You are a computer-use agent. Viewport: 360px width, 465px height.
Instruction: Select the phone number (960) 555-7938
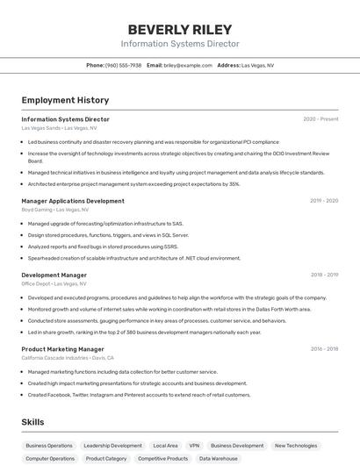tap(123, 65)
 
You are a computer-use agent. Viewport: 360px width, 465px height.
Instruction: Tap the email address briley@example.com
tap(188, 65)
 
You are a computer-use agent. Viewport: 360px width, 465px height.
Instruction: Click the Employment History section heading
tap(65, 100)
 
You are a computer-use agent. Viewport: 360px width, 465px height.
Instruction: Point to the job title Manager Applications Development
tap(73, 201)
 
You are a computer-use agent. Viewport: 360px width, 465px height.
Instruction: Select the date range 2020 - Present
tap(320, 119)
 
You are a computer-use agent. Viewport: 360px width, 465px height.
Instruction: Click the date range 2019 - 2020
tap(324, 201)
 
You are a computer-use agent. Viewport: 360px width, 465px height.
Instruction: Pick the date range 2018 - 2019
tap(324, 275)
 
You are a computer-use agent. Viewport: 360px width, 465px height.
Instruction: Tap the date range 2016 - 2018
tap(324, 349)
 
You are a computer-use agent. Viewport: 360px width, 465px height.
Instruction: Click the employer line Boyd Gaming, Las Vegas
tap(54, 210)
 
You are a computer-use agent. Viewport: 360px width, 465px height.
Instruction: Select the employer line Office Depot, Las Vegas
tap(54, 283)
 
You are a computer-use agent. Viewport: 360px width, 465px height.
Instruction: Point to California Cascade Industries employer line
tap(68, 358)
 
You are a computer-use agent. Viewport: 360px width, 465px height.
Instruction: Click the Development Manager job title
tap(54, 275)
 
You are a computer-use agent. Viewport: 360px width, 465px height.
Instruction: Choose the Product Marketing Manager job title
tap(64, 349)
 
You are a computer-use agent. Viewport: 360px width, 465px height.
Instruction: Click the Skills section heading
tap(33, 422)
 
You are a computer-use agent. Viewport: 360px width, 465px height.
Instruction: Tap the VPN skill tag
tap(194, 446)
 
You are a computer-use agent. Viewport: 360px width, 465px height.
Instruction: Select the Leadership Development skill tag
tap(112, 446)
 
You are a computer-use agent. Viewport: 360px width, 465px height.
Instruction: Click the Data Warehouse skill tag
tap(218, 459)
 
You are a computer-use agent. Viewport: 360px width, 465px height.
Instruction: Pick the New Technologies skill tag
tap(296, 446)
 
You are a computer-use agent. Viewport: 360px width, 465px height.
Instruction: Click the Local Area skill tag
tap(165, 446)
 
